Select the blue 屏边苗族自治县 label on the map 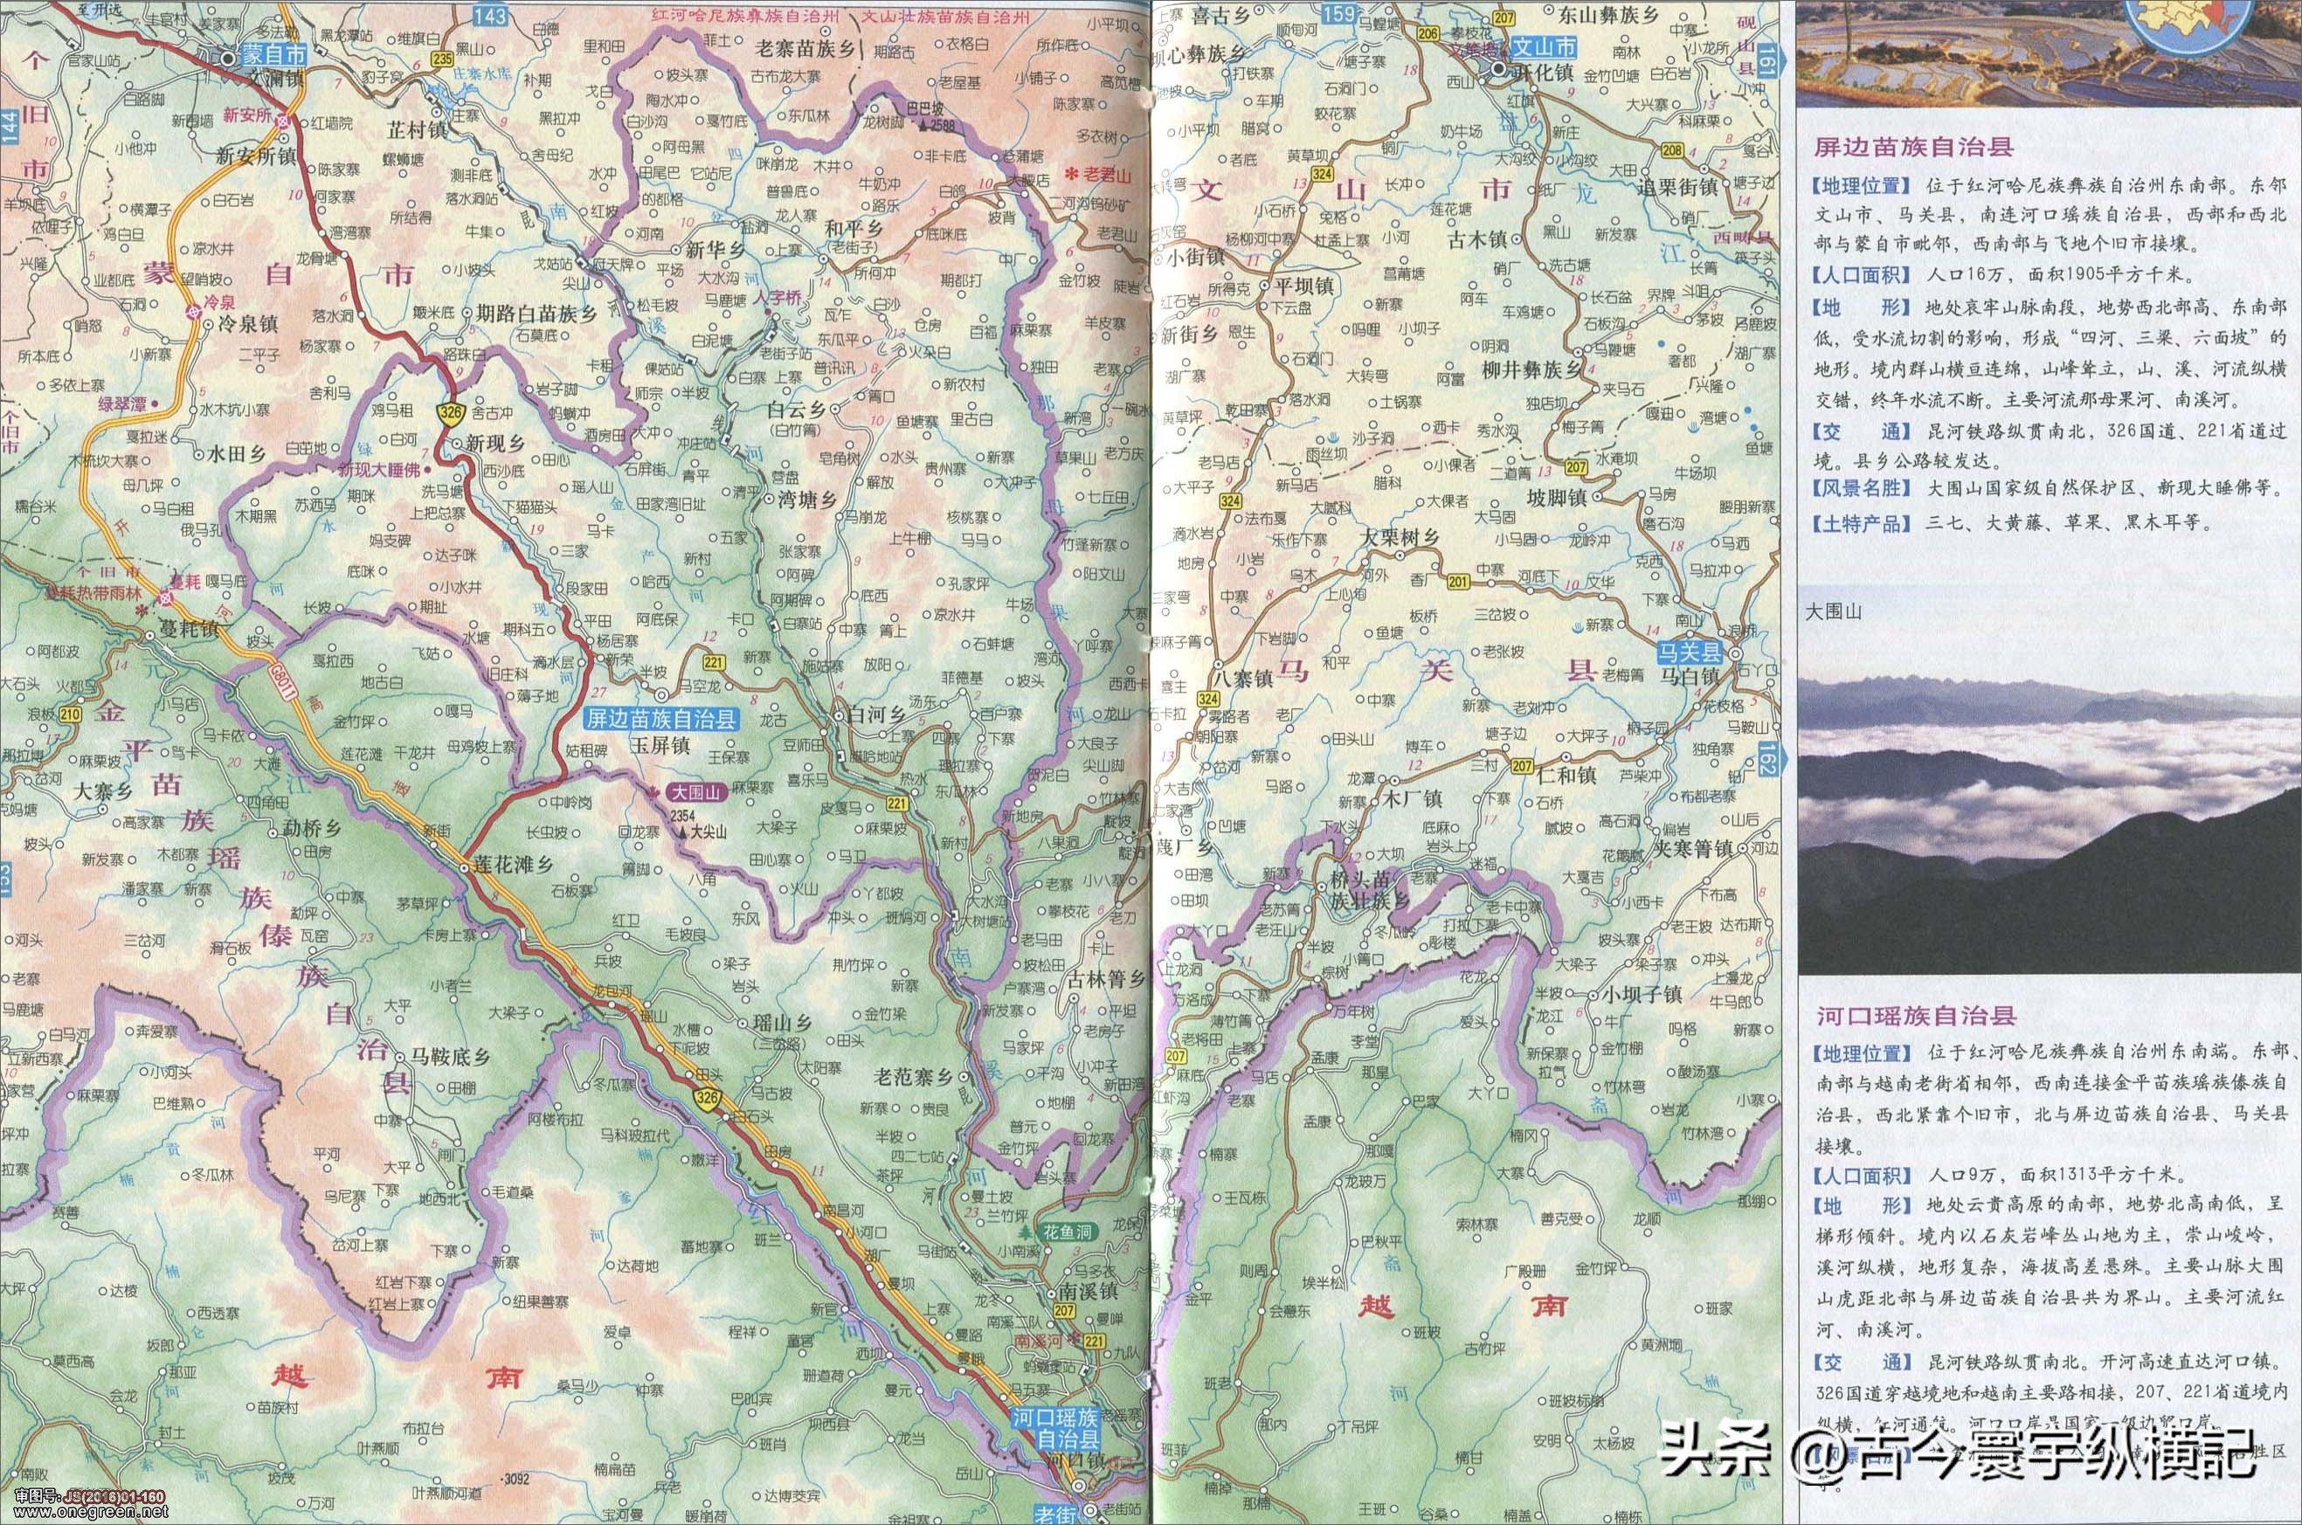[x=661, y=720]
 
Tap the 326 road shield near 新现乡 [x=449, y=412]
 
